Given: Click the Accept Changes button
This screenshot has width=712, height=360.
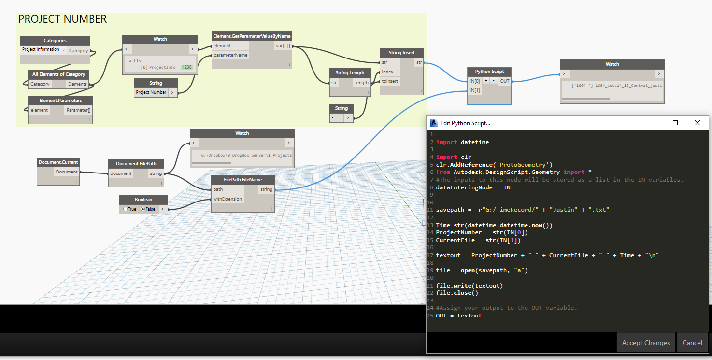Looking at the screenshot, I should (x=646, y=343).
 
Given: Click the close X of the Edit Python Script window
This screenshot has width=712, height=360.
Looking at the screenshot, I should (x=697, y=123).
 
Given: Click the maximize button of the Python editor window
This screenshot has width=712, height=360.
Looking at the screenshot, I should (x=675, y=123).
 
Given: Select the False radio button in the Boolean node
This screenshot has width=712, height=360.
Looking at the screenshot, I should (x=143, y=209).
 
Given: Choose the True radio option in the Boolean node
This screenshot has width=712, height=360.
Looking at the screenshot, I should (x=126, y=209).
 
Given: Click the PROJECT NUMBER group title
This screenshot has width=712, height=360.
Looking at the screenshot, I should (x=62, y=19).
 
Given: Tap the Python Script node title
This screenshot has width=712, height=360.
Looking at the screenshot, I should (x=489, y=72).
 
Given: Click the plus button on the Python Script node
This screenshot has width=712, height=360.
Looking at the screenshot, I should (x=486, y=81).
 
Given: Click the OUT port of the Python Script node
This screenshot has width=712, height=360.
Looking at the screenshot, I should (x=504, y=81).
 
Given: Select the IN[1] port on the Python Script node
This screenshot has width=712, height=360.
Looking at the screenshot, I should (x=475, y=90).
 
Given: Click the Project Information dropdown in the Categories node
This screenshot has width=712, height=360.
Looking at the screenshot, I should (x=43, y=50).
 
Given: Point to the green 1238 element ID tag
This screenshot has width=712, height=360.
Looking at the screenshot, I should (x=186, y=67).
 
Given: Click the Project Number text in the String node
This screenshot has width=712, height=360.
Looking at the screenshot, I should (x=151, y=92).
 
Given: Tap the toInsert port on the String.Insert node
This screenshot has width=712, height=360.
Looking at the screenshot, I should (x=390, y=81).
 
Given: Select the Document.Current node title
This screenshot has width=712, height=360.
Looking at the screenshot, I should (x=58, y=162).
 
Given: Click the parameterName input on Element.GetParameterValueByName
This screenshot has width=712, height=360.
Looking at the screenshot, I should (x=230, y=55).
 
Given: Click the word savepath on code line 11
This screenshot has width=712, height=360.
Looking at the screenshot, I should (x=450, y=210).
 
